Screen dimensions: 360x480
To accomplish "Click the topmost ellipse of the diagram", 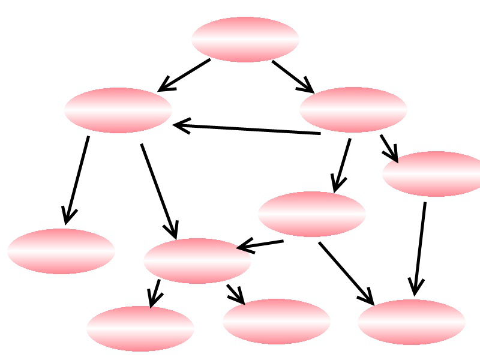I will (245, 40).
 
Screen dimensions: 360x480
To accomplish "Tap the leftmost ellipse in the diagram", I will (61, 251).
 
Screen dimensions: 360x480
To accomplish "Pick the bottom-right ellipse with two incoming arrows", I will (411, 322).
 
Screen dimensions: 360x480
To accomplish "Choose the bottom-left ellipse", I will (140, 329).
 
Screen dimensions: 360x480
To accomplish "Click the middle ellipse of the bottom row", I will (276, 322).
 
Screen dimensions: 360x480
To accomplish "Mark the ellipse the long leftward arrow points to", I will (118, 110).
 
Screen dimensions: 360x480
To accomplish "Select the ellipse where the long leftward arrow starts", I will (353, 110).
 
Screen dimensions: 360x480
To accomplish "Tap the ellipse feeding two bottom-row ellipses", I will (197, 261).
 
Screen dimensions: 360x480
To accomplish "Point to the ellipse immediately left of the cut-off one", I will (311, 214).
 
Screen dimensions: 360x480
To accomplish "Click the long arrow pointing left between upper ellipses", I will (246, 129).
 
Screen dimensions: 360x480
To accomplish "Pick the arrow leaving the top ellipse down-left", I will (184, 75).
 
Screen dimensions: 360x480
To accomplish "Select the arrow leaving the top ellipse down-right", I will (293, 76).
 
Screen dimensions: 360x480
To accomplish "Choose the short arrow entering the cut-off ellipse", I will (389, 148).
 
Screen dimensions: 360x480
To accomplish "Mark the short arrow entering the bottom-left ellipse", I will (155, 293).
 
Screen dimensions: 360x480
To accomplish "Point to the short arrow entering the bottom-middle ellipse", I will (235, 294).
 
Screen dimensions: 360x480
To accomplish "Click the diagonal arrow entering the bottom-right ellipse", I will (346, 274).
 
